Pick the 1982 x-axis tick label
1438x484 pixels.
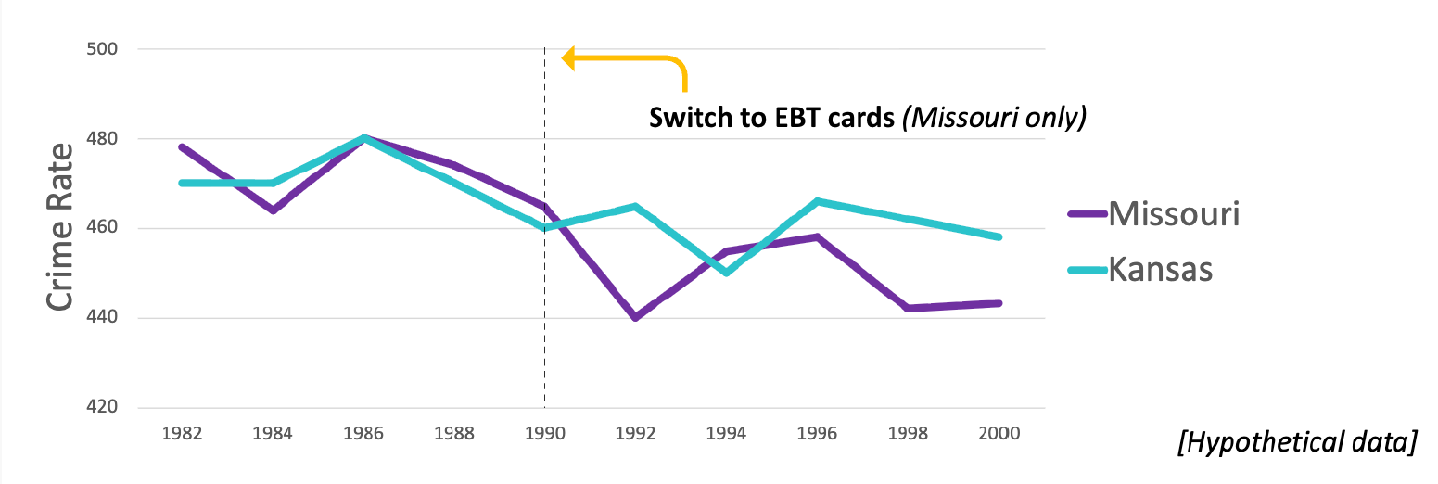point(183,433)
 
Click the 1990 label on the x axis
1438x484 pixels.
point(545,433)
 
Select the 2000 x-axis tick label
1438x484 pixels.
point(999,433)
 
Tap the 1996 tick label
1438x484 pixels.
point(818,433)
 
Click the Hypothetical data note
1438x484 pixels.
point(1296,443)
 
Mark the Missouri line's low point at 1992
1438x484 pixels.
point(635,318)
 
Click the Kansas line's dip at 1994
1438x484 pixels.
point(726,273)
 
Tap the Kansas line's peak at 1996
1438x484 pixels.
point(817,200)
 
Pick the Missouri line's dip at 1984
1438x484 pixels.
point(274,210)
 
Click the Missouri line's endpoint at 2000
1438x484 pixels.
point(999,303)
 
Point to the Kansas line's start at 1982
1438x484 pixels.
point(183,183)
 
